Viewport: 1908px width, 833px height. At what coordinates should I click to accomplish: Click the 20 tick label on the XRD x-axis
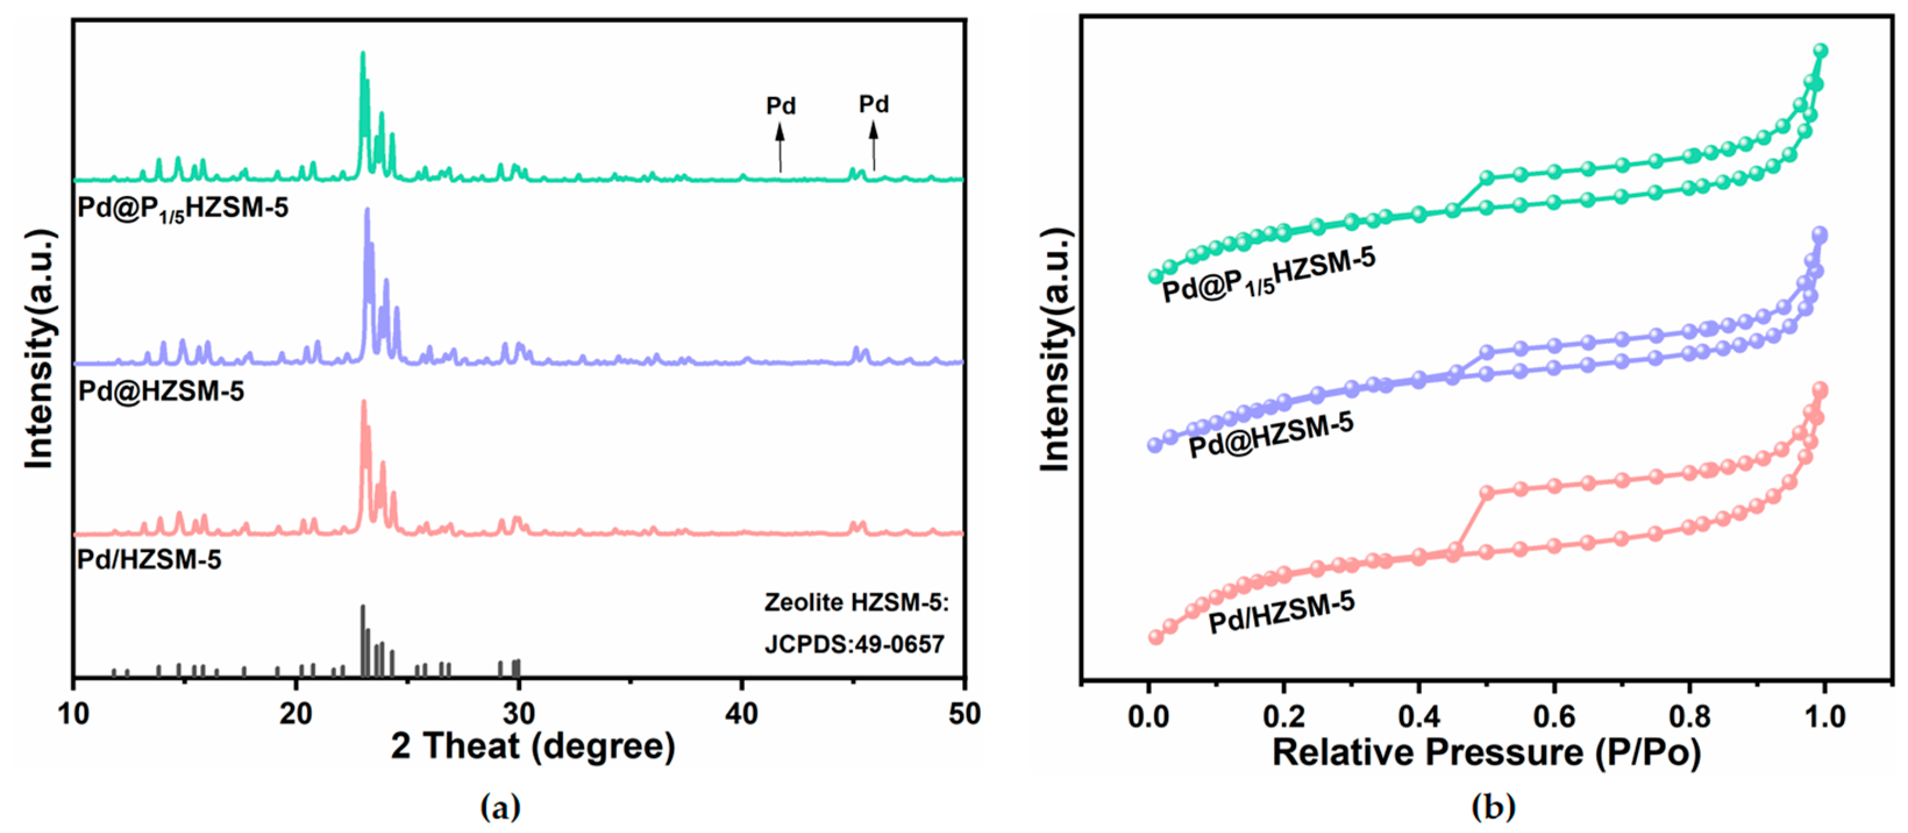(296, 714)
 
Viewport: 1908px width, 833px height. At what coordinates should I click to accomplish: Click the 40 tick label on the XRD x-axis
(742, 714)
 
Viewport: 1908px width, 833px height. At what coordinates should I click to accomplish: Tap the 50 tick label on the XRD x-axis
(964, 714)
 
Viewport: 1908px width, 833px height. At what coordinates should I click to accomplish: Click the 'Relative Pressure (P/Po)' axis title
(1486, 752)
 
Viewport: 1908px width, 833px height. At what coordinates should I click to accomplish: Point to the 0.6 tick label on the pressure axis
(1553, 717)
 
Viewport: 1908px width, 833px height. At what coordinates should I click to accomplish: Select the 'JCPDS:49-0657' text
(854, 644)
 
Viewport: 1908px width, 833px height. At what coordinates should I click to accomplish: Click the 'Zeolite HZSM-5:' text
(856, 603)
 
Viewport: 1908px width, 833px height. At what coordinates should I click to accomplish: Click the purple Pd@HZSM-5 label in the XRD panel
(161, 391)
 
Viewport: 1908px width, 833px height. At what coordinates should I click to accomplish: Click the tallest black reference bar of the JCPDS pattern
(363, 640)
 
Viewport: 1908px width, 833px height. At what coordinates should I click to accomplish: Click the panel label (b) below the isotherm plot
(1493, 807)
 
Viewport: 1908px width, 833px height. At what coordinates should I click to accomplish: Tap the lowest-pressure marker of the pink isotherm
(1155, 637)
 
